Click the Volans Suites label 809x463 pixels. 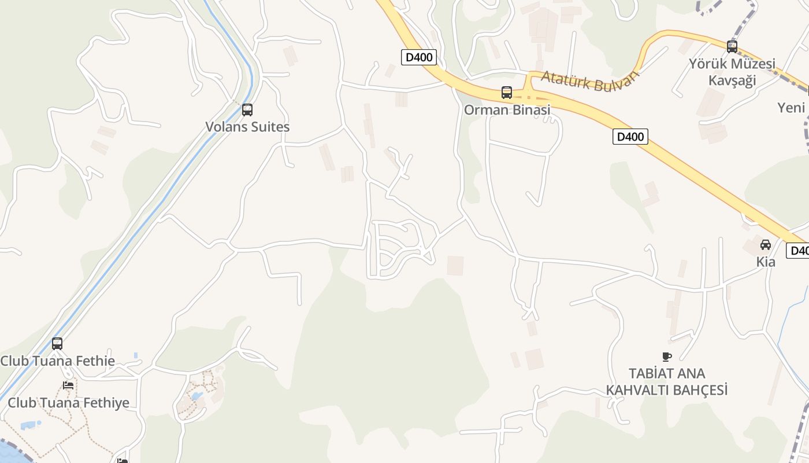[247, 127]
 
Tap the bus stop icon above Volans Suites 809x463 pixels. [247, 109]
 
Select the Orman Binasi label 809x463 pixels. [507, 109]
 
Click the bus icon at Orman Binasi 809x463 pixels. [507, 93]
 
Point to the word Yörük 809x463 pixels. [709, 64]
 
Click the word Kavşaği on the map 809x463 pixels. [732, 80]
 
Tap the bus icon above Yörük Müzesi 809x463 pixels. [732, 47]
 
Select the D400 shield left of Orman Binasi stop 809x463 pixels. [419, 57]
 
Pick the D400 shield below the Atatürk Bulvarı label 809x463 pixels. [630, 137]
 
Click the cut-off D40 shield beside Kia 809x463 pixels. [798, 251]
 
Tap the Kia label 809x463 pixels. [766, 262]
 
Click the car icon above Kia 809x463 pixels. [766, 245]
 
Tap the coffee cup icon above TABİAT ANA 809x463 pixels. [666, 357]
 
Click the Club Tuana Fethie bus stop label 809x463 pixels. [58, 361]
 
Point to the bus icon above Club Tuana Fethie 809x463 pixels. [57, 344]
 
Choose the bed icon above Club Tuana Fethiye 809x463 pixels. [68, 385]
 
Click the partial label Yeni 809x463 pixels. [791, 108]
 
